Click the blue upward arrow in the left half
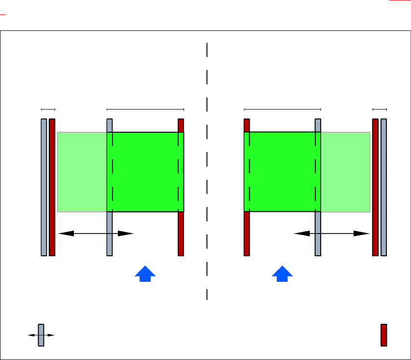point(145,274)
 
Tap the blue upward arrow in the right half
point(283,274)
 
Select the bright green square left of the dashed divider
point(145,172)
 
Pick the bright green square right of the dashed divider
point(283,172)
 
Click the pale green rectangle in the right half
point(345,172)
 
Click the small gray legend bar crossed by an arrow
point(41,335)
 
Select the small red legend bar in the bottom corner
point(384,335)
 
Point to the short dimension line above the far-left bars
point(48,109)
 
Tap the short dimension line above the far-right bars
point(380,109)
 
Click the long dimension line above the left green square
point(145,109)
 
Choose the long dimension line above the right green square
point(283,109)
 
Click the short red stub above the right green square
point(247,125)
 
